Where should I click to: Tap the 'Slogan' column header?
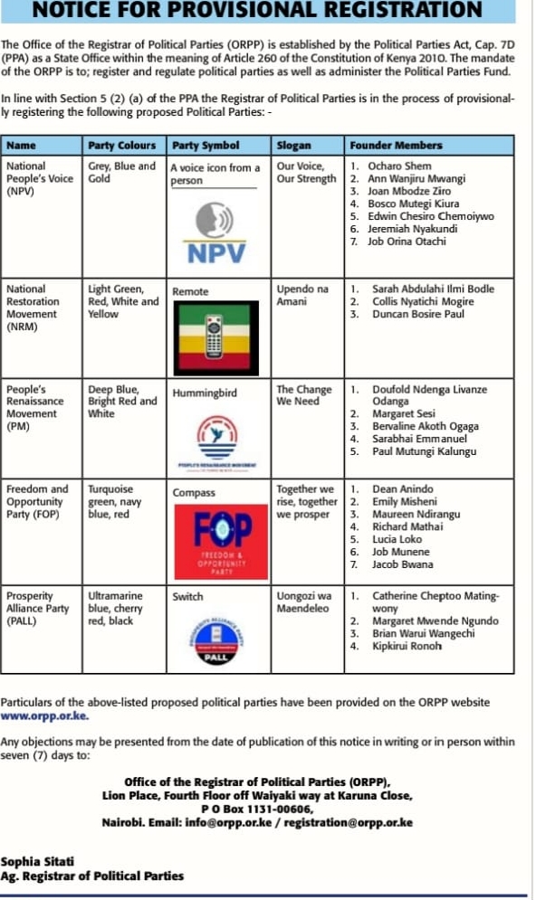(293, 145)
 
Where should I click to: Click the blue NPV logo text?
(215, 254)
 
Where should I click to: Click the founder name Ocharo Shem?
(399, 166)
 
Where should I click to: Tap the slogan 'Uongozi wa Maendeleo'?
(303, 602)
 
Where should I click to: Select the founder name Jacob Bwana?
(404, 564)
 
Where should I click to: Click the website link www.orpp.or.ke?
(44, 715)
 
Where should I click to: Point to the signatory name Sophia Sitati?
(37, 861)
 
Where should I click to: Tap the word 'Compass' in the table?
(194, 493)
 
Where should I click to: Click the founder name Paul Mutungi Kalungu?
(425, 451)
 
